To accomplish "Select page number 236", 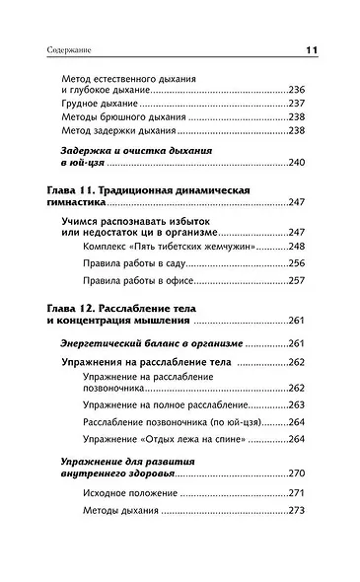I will (296, 90).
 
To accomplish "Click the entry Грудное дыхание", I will (100, 104).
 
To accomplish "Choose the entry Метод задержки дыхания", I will (118, 130).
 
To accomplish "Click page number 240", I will (296, 163).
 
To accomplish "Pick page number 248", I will (296, 246).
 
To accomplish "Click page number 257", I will (296, 281).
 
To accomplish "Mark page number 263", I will (296, 405).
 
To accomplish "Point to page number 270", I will (296, 473).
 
